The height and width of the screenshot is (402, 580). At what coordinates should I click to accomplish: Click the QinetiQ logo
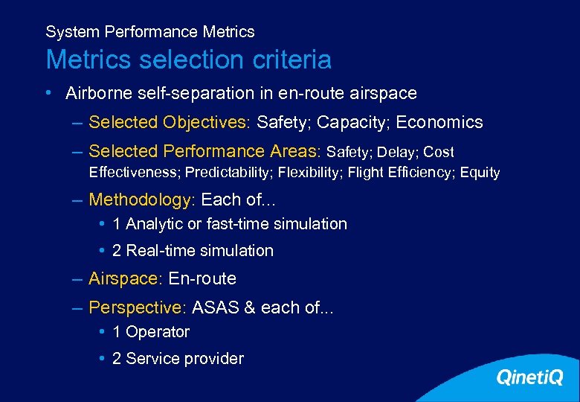pyautogui.click(x=529, y=378)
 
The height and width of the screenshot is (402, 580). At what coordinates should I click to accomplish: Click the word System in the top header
pyautogui.click(x=72, y=32)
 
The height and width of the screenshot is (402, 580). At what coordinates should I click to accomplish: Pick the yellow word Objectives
pyautogui.click(x=206, y=123)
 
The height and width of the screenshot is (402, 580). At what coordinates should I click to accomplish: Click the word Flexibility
pyautogui.click(x=307, y=173)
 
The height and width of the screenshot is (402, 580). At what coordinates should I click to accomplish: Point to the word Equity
pyautogui.click(x=480, y=173)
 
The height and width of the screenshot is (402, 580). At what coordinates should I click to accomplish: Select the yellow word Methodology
pyautogui.click(x=140, y=200)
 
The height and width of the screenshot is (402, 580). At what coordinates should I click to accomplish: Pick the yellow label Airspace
pyautogui.click(x=123, y=279)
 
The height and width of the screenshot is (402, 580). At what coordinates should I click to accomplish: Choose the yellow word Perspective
pyautogui.click(x=135, y=307)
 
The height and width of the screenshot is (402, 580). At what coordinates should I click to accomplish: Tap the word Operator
pyautogui.click(x=158, y=332)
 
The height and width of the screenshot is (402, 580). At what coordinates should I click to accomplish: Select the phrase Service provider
pyautogui.click(x=184, y=359)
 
